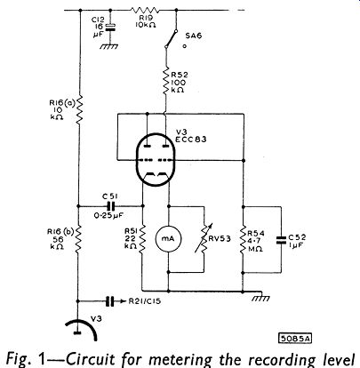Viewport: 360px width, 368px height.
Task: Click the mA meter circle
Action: tap(169, 239)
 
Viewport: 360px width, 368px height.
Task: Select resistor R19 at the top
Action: tap(145, 11)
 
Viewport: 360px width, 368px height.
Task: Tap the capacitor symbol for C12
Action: tap(110, 27)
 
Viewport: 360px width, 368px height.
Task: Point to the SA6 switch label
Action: tap(194, 36)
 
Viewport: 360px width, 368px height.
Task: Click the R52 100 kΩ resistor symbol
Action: tap(165, 81)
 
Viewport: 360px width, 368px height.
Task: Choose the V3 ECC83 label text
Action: tap(191, 135)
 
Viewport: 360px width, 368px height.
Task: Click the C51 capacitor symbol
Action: tap(110, 206)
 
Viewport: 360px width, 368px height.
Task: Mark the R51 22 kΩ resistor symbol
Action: tap(142, 238)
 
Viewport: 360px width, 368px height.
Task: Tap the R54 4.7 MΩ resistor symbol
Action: tap(243, 240)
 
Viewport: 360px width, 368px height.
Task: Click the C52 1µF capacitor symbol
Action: tap(281, 240)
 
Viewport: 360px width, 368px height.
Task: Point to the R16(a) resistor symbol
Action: tap(79, 109)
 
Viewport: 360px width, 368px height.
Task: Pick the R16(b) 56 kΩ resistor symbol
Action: tap(78, 240)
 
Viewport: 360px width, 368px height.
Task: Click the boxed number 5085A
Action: tap(295, 339)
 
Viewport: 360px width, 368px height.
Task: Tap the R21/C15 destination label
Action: tap(145, 301)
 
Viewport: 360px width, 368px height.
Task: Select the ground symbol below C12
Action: tap(108, 46)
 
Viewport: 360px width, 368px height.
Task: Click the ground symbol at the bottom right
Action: tap(260, 297)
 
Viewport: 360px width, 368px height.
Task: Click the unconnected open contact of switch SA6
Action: tap(185, 46)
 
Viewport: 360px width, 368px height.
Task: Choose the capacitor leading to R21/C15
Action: tap(110, 301)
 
